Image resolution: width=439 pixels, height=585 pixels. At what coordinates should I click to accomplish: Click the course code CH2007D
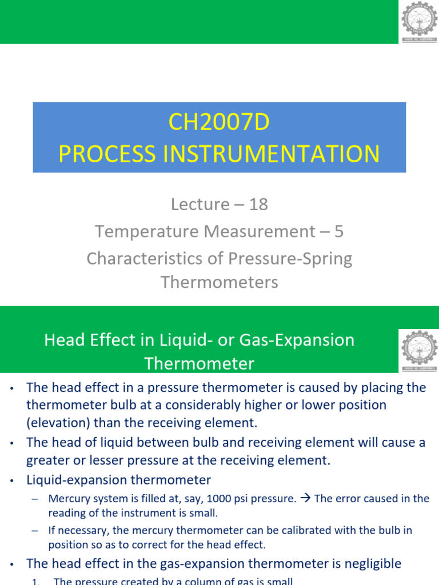pos(219,123)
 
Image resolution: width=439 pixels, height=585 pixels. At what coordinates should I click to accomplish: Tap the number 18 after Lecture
pos(258,205)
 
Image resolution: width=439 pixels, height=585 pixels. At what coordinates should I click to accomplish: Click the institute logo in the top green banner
pos(419,22)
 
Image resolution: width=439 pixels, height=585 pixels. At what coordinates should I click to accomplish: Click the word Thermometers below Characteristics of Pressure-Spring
pos(219,282)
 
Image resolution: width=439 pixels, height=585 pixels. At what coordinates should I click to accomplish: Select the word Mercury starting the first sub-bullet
pos(68,499)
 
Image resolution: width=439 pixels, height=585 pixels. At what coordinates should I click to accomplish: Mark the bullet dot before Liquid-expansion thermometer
pos(11,480)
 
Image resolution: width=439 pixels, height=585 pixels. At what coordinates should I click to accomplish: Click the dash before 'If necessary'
pos(35,531)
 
